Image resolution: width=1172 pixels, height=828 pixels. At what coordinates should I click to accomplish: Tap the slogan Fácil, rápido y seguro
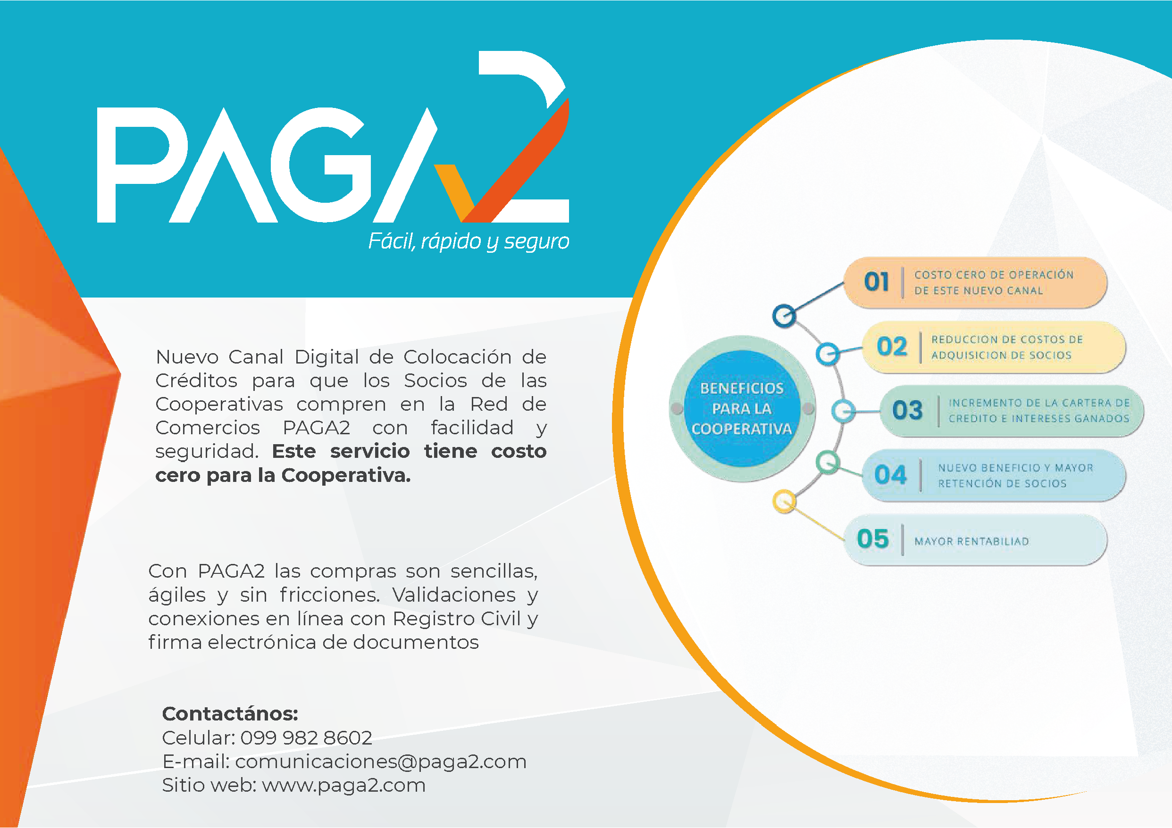[469, 241]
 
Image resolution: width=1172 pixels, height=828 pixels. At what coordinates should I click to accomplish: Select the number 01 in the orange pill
[876, 282]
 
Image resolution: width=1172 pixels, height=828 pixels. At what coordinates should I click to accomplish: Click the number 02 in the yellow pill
[892, 347]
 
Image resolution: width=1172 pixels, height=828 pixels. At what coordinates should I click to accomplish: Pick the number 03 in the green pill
[907, 410]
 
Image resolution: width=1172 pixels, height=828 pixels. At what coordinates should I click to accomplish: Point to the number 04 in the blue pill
[890, 474]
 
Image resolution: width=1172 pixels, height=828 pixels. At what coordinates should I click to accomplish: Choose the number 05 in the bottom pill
[873, 539]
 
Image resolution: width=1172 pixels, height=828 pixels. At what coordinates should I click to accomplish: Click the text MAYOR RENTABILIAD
[971, 541]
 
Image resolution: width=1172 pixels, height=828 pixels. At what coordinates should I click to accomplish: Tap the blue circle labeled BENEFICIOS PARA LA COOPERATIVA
[742, 409]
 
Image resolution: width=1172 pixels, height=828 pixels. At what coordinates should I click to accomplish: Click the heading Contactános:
[230, 714]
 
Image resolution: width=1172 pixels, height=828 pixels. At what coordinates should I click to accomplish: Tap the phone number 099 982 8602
[306, 737]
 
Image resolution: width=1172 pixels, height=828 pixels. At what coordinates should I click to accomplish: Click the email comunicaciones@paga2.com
[381, 762]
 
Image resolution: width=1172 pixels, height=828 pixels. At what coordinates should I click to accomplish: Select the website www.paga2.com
[343, 786]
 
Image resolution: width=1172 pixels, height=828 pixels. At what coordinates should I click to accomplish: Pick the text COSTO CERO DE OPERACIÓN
[994, 274]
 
